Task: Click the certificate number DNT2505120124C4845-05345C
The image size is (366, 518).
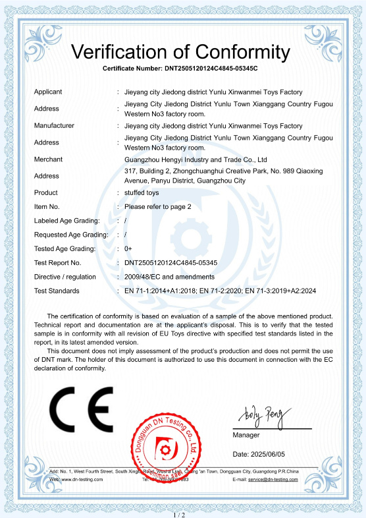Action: point(210,69)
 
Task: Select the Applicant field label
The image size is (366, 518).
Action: point(48,92)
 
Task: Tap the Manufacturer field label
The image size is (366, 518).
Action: point(54,125)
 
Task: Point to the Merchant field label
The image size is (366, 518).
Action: point(48,159)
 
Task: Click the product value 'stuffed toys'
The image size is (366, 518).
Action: point(142,192)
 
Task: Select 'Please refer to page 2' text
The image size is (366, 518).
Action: point(157,206)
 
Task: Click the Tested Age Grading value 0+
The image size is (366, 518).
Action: point(128,248)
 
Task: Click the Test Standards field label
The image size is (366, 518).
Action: point(57,291)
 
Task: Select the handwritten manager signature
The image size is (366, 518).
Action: point(259,416)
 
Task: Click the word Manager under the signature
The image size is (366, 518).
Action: point(246,435)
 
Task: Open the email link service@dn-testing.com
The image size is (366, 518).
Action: point(273,479)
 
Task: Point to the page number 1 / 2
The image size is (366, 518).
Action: point(178,513)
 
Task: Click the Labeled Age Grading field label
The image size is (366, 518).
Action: point(66,220)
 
